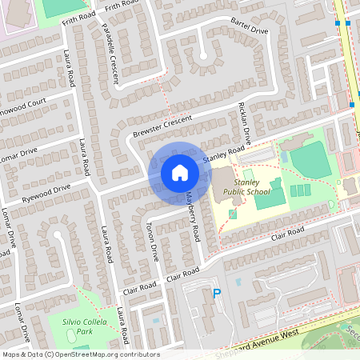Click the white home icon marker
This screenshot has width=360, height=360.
pos(179,172)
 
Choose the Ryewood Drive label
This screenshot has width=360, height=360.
pos(46,191)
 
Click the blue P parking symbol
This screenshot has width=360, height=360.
pos(216,295)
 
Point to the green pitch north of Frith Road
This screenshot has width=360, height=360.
pos(62,7)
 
